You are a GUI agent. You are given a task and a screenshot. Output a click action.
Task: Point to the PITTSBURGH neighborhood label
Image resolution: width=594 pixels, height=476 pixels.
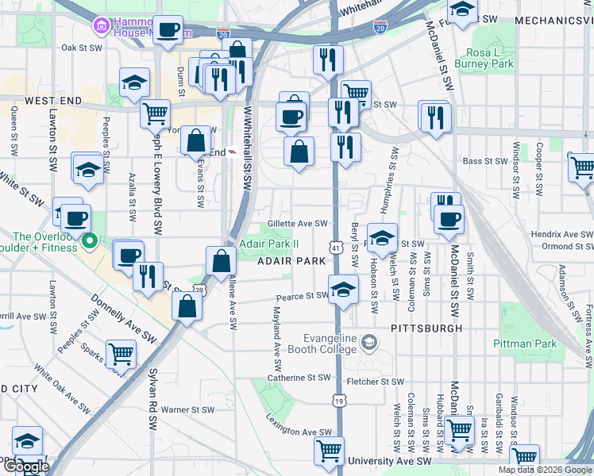(x=426, y=328)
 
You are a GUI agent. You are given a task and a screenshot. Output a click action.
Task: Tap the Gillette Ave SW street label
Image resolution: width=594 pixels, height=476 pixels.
(x=298, y=224)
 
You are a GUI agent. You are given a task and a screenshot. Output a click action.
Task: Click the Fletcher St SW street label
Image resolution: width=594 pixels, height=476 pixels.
(x=376, y=382)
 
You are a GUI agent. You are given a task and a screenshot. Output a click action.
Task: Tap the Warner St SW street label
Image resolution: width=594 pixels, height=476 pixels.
(x=187, y=410)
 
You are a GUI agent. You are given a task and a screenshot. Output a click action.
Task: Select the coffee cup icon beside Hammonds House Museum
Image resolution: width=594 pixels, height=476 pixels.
(x=168, y=30)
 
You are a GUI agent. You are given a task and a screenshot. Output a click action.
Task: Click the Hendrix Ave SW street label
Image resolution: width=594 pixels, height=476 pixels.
(x=562, y=235)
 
